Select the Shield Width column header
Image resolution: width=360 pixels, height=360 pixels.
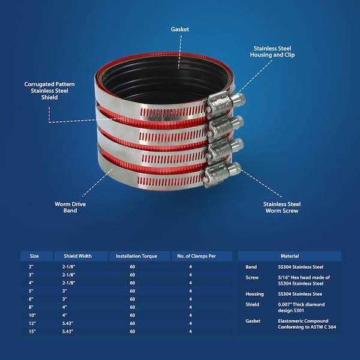point(77,256)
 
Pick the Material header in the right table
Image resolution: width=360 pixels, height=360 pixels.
point(290,256)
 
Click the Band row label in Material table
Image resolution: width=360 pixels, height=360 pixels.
point(252,267)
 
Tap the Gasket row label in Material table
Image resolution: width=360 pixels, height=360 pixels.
point(254,320)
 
